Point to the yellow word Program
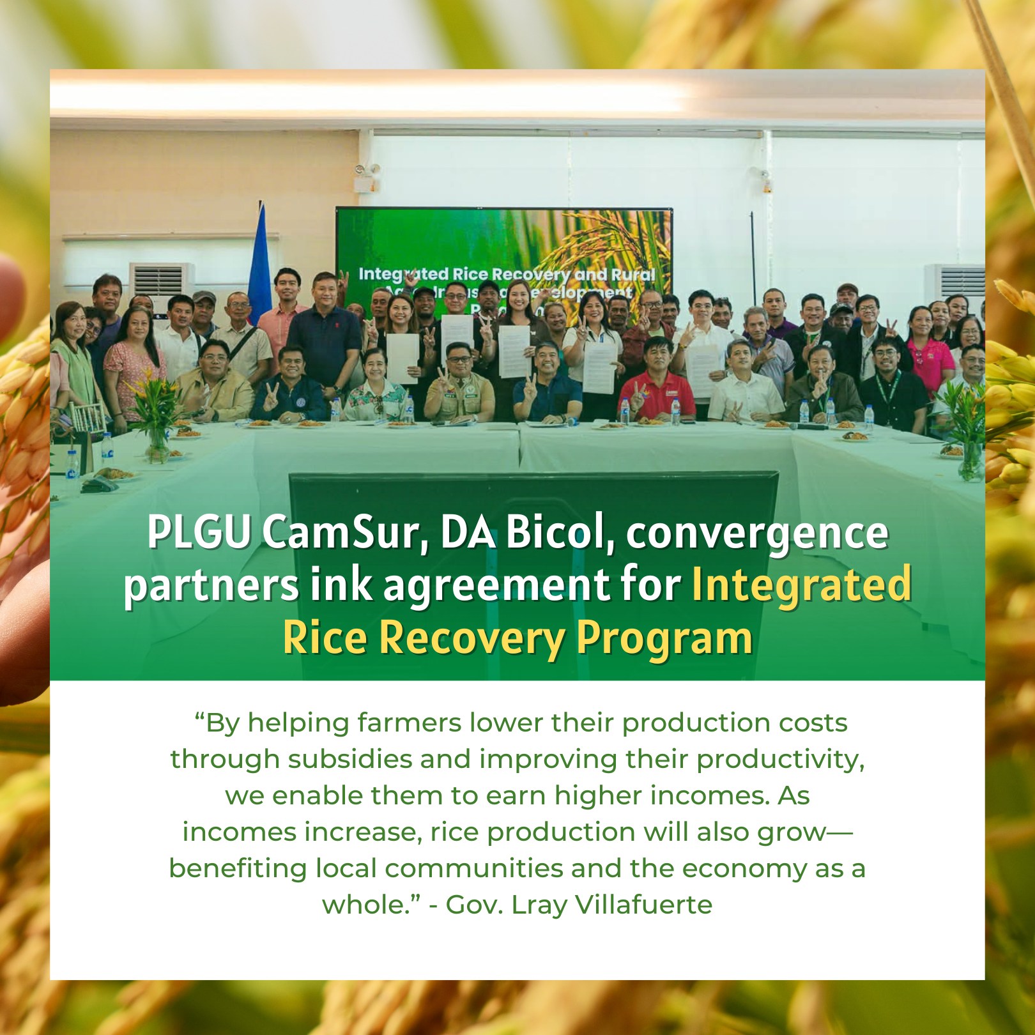coord(664,637)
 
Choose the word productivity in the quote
coord(780,760)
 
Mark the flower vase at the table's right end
coord(968,434)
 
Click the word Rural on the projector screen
coord(633,275)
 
